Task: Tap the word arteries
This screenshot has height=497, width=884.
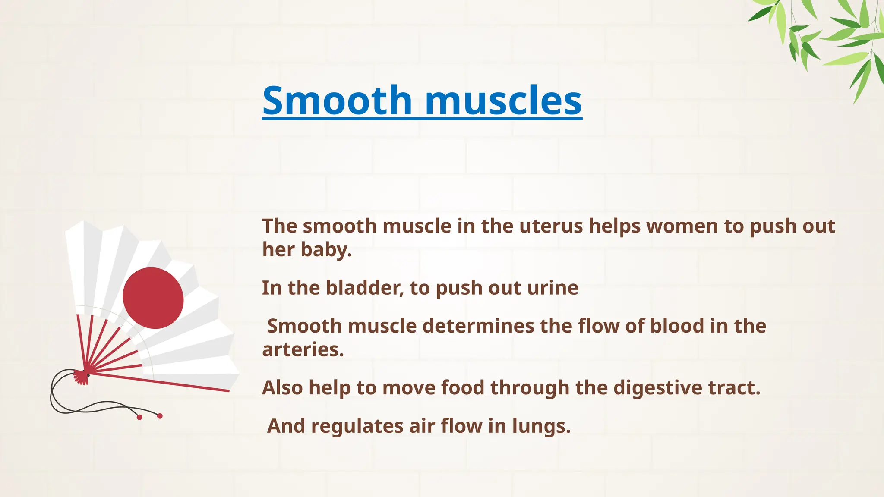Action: click(303, 349)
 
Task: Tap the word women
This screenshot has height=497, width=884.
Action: click(682, 226)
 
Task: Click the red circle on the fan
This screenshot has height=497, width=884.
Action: click(153, 298)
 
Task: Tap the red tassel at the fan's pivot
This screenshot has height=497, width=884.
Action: click(81, 377)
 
